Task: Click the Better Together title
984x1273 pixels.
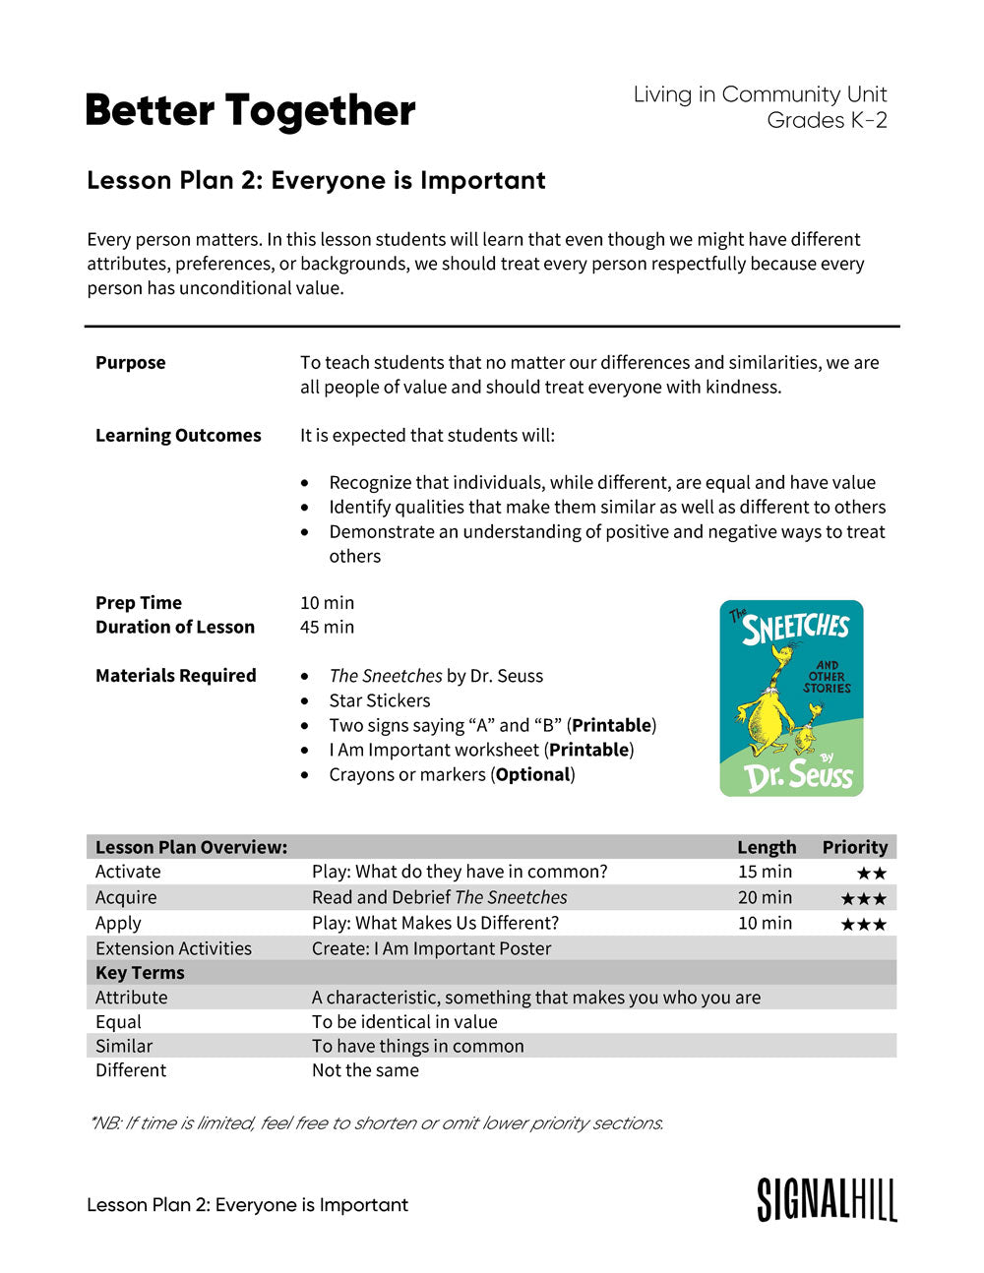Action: pyautogui.click(x=251, y=111)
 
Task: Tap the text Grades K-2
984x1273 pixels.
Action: pyautogui.click(x=827, y=120)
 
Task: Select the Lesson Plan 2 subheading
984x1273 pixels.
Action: pyautogui.click(x=316, y=180)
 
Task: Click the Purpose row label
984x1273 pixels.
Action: pyautogui.click(x=130, y=362)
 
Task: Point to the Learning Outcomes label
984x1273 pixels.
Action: pyautogui.click(x=178, y=435)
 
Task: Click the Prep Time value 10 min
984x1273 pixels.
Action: pyautogui.click(x=327, y=602)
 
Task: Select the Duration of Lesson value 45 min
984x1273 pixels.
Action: pyautogui.click(x=327, y=627)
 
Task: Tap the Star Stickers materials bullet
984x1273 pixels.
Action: pyautogui.click(x=379, y=700)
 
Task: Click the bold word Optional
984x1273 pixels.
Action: pyautogui.click(x=532, y=774)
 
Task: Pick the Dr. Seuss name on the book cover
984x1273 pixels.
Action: pyautogui.click(x=799, y=775)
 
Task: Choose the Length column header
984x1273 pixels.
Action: pyautogui.click(x=767, y=847)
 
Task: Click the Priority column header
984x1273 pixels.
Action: pyautogui.click(x=854, y=847)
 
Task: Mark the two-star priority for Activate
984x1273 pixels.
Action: pyautogui.click(x=871, y=873)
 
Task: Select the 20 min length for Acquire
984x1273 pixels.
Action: pyautogui.click(x=765, y=897)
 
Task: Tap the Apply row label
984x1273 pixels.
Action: pyautogui.click(x=118, y=923)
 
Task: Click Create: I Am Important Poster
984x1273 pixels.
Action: pyautogui.click(x=431, y=948)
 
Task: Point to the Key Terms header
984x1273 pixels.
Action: pyautogui.click(x=140, y=972)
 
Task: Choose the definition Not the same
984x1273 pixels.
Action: pyautogui.click(x=365, y=1069)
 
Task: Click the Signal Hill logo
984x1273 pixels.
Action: pyautogui.click(x=827, y=1200)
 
